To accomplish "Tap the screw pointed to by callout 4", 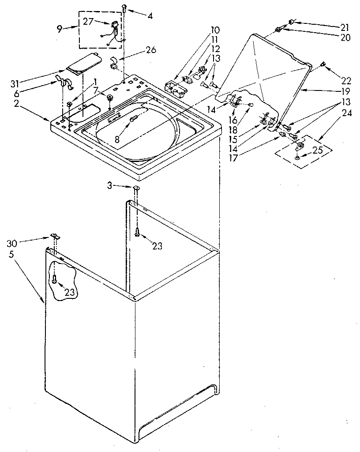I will tap(124, 8).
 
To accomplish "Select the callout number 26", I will tap(151, 50).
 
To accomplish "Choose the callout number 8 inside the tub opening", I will tap(117, 139).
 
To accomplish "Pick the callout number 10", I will tap(215, 30).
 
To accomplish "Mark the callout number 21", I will tap(345, 27).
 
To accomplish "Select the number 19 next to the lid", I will tap(345, 92).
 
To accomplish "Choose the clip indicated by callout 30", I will tap(55, 236).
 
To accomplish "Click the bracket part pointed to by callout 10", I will tap(175, 87).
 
